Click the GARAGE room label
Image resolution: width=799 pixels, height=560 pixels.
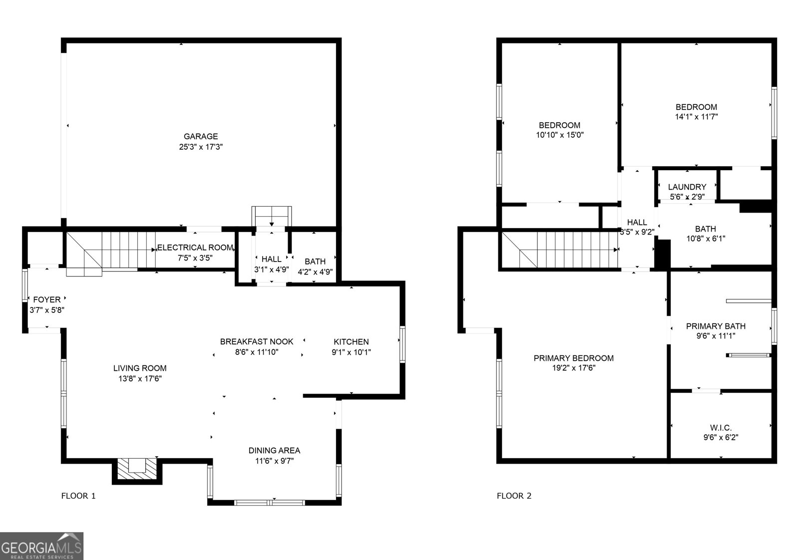(x=201, y=136)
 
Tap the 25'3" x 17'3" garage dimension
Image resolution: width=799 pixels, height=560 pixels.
(x=201, y=147)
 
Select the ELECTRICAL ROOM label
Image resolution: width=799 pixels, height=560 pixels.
(x=195, y=248)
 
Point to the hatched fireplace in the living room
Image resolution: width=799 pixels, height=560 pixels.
(x=137, y=469)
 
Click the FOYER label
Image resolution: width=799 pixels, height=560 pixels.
(x=47, y=299)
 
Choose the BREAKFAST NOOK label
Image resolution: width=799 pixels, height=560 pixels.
(x=257, y=342)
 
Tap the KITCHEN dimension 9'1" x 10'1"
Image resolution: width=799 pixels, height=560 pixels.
(x=351, y=352)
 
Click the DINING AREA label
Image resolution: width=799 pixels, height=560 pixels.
(x=274, y=451)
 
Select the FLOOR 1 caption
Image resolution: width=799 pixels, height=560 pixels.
(x=78, y=496)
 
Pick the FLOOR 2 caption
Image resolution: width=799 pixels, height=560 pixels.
(x=514, y=496)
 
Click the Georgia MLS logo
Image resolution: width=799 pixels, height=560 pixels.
(x=41, y=546)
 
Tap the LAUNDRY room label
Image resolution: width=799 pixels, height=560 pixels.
(x=687, y=187)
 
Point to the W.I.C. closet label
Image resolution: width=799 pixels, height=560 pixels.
(x=721, y=428)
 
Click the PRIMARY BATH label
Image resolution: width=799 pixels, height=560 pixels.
(x=716, y=326)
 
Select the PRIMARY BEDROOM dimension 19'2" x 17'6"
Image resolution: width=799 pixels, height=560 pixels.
(x=573, y=368)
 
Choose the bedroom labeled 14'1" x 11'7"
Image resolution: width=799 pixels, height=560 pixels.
(x=696, y=112)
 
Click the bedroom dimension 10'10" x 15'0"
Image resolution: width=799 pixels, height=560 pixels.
(x=559, y=135)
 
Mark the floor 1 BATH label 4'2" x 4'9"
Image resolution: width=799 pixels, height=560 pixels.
(x=315, y=262)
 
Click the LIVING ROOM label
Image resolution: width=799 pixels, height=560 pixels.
(x=140, y=368)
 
